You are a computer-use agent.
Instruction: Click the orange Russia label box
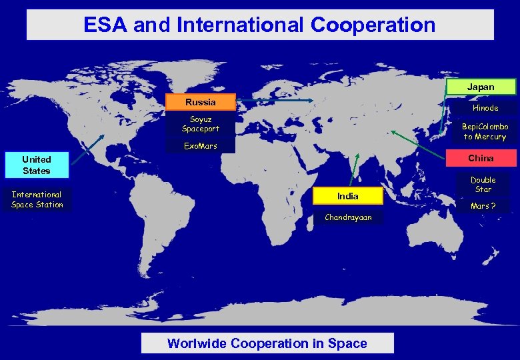tap(201, 102)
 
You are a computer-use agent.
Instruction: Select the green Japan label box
tap(481, 87)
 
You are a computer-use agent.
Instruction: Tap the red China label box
tap(481, 158)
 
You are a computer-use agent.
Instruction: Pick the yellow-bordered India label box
tap(347, 196)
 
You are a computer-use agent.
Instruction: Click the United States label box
tap(37, 165)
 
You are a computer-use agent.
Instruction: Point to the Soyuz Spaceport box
tap(201, 124)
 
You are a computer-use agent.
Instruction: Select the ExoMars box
tap(201, 146)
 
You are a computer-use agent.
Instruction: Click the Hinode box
tap(485, 107)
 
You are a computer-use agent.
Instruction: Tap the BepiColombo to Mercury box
tap(485, 131)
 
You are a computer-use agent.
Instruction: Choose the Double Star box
tap(483, 185)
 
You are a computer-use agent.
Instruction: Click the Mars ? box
tap(483, 206)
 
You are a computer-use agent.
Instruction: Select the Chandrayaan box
tap(348, 217)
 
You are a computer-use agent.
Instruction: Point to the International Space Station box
tap(37, 200)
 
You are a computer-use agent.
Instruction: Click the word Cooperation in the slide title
tap(373, 25)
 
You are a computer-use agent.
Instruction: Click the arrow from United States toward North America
tap(87, 149)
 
